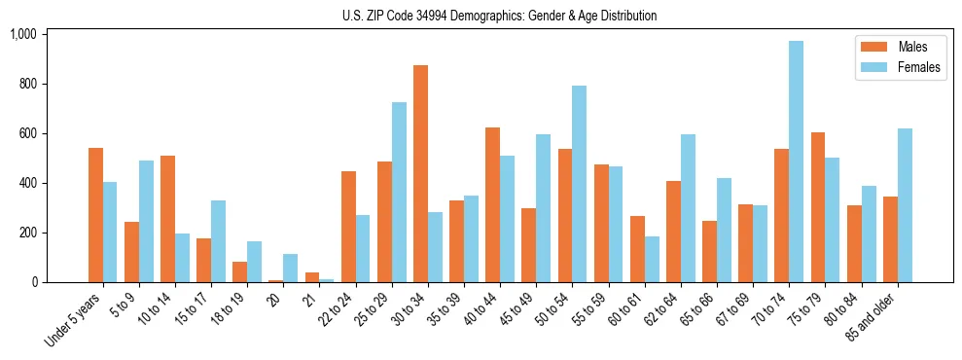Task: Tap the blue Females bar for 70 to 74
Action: [796, 162]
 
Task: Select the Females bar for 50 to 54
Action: [579, 184]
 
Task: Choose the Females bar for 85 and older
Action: [905, 205]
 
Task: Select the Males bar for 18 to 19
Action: [240, 271]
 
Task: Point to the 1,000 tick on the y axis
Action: [23, 34]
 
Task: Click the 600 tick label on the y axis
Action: [28, 133]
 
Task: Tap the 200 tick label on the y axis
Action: [28, 233]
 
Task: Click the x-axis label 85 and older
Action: [874, 311]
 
